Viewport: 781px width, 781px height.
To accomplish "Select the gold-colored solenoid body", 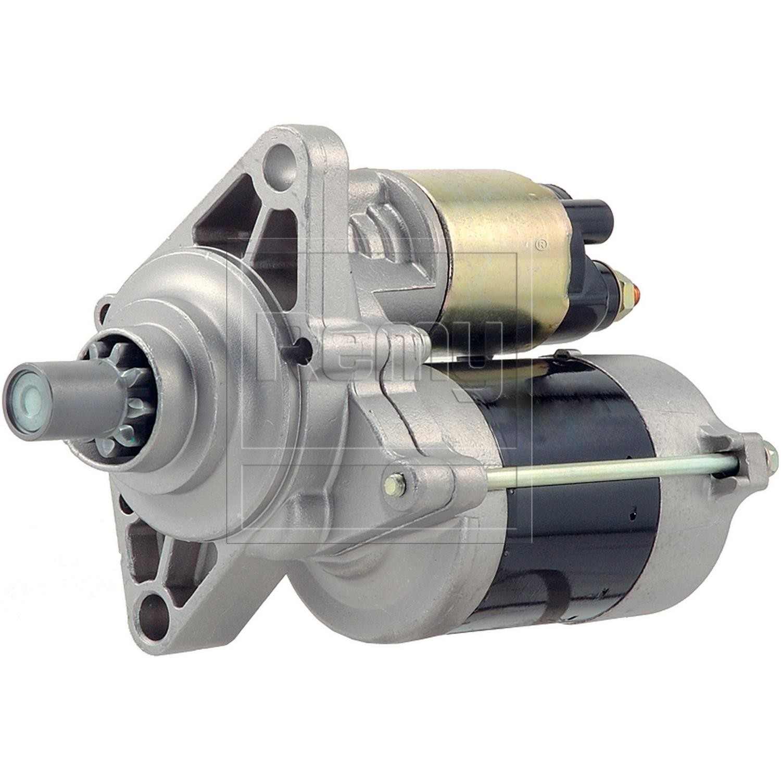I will [489, 250].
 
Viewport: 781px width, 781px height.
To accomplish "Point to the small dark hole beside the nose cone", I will [300, 344].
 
